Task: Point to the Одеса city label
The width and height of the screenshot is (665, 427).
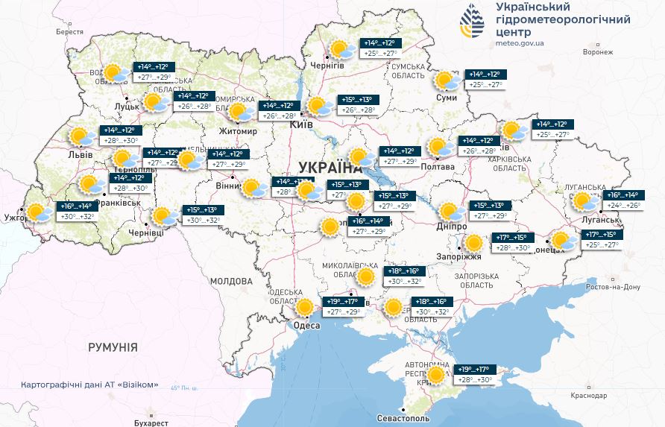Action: pos(306,326)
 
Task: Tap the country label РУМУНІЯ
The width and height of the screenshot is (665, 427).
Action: pos(113,347)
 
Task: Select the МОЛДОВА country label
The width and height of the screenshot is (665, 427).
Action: pos(231,281)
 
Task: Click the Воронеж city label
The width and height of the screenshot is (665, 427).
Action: pos(598,53)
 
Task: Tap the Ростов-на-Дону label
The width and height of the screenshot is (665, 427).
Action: pos(613,287)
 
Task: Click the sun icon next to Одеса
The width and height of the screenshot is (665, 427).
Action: pos(305,307)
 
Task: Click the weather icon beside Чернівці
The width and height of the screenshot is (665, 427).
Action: pos(162,216)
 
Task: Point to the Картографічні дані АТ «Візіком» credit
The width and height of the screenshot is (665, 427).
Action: pos(90,385)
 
